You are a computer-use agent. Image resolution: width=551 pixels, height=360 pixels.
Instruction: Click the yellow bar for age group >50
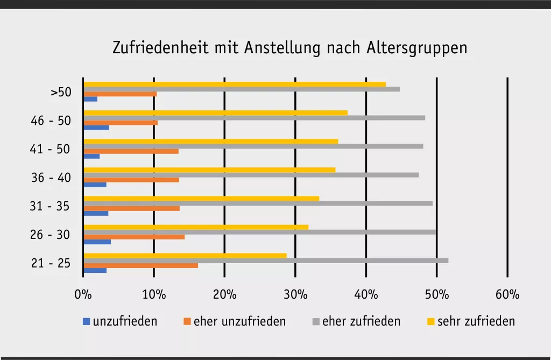tap(235, 84)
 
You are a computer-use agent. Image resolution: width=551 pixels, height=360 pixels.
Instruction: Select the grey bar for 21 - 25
tap(266, 260)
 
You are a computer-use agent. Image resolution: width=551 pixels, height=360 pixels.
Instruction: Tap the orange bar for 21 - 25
tap(140, 265)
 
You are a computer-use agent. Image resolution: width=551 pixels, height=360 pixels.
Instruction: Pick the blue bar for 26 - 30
tap(97, 242)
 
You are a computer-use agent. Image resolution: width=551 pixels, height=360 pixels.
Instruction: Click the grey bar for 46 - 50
tap(254, 118)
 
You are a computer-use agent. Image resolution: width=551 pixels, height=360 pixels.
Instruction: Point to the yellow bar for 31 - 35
tap(201, 198)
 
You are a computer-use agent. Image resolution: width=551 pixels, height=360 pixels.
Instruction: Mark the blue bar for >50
tap(90, 99)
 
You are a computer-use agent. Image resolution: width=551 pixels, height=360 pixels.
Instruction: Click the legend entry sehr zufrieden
tap(476, 322)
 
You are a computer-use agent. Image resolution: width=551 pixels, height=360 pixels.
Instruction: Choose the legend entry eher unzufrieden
tap(239, 322)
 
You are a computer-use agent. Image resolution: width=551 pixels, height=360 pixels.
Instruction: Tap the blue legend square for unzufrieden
tap(86, 322)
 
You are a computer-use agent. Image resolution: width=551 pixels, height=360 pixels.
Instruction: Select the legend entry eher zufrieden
tap(361, 322)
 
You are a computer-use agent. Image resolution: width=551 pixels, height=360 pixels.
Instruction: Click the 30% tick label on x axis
tap(295, 294)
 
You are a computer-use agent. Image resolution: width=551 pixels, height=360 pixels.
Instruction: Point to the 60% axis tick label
tap(507, 294)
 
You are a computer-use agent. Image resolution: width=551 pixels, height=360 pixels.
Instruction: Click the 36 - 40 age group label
tap(51, 178)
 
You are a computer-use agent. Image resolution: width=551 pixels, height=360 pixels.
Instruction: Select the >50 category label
tap(61, 92)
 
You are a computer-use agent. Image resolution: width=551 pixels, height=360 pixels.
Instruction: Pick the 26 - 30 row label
tap(51, 235)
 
